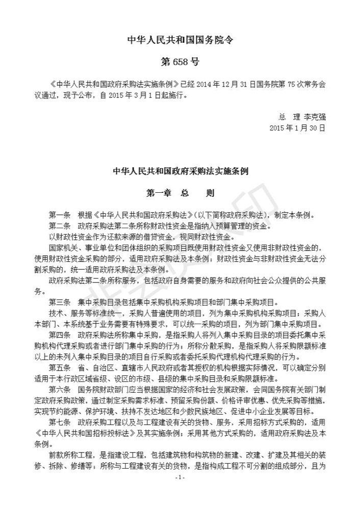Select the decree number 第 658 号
tap(179, 62)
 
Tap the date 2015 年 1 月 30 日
tap(297, 127)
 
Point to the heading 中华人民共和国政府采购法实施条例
tap(179, 171)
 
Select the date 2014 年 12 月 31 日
tap(238, 84)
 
